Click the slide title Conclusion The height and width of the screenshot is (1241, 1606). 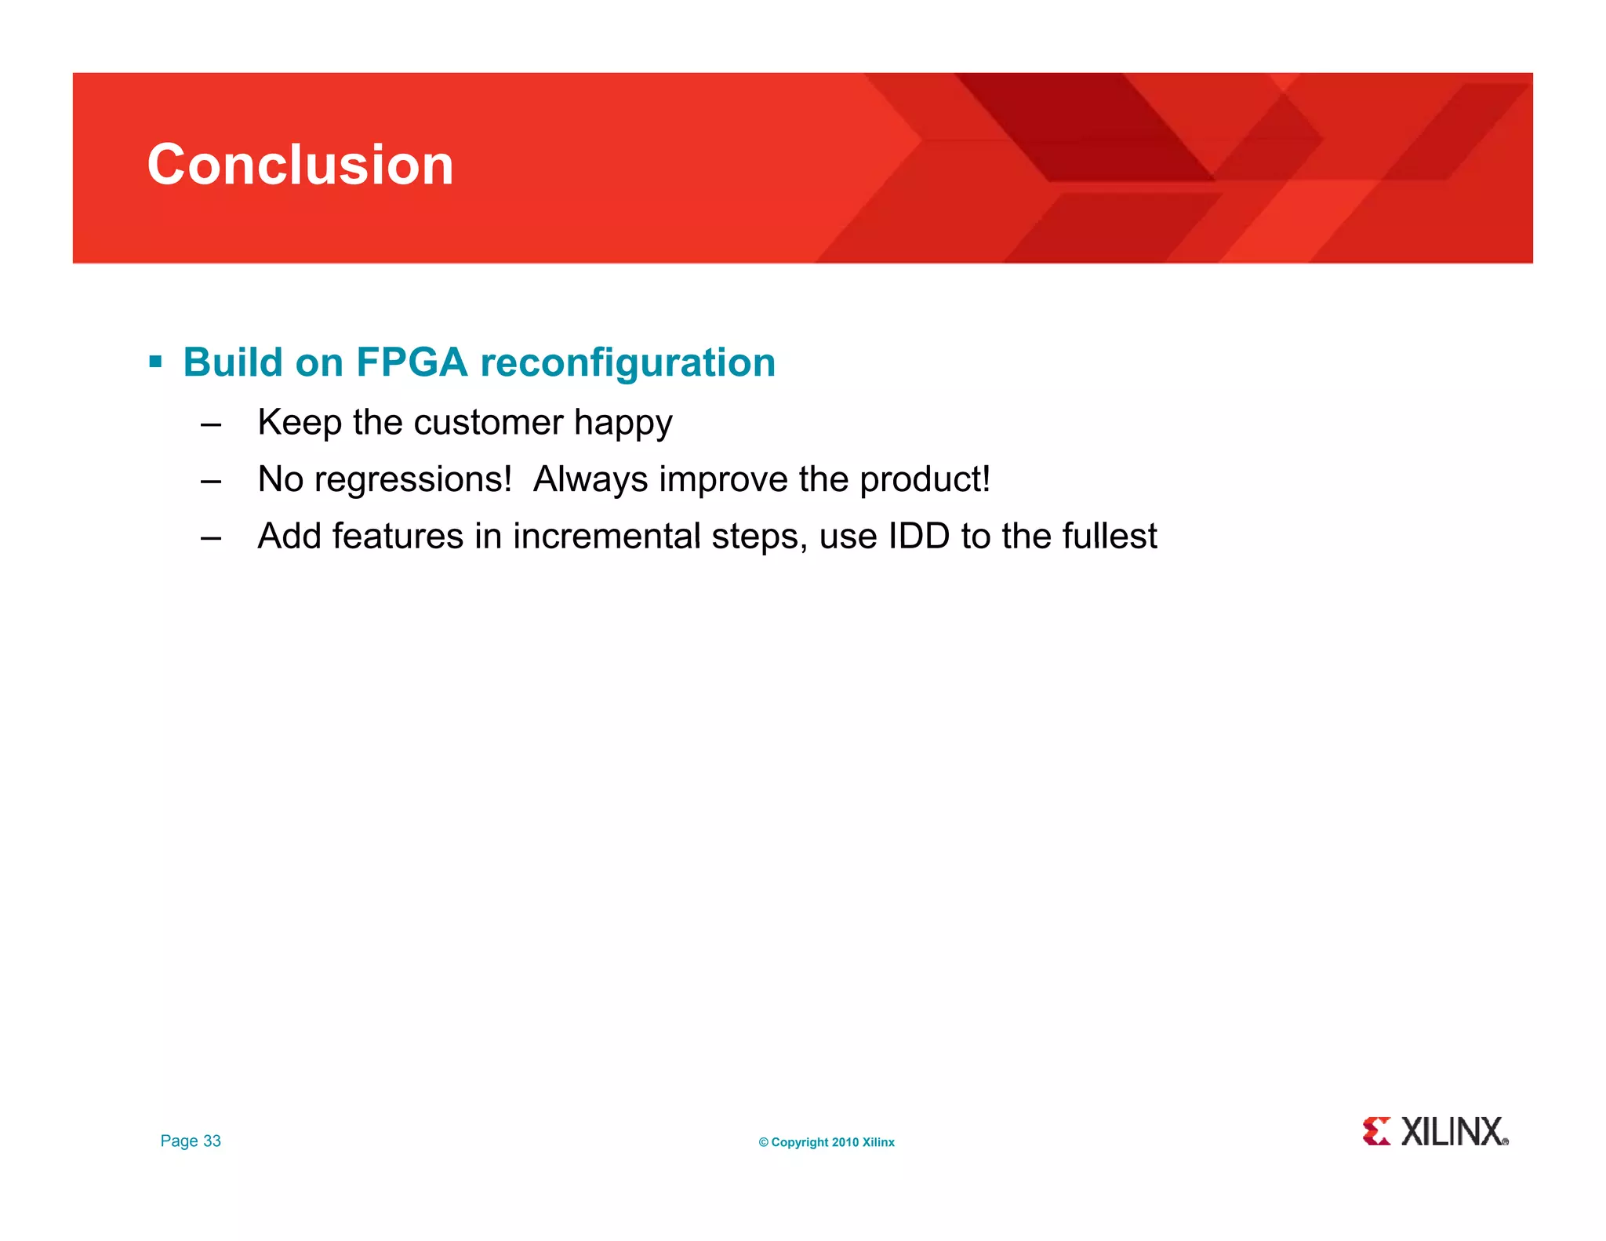[300, 165]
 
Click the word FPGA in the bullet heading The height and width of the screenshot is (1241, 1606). [412, 362]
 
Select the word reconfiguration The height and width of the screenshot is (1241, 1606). [627, 362]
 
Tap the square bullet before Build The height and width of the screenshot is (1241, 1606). [155, 362]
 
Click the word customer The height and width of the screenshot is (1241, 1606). [489, 422]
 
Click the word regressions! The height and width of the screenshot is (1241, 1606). [412, 479]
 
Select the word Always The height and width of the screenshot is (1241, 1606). [590, 479]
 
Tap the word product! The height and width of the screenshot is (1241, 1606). [925, 479]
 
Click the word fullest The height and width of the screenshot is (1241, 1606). [1109, 537]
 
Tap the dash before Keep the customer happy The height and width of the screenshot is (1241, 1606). [211, 424]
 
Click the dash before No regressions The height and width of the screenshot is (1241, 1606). [211, 482]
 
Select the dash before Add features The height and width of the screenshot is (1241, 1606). [211, 539]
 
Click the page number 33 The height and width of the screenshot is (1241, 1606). [212, 1141]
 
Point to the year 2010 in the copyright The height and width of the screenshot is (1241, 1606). [845, 1142]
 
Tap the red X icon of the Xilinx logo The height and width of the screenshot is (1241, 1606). [1376, 1131]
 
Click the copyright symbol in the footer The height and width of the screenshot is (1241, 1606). [763, 1142]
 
